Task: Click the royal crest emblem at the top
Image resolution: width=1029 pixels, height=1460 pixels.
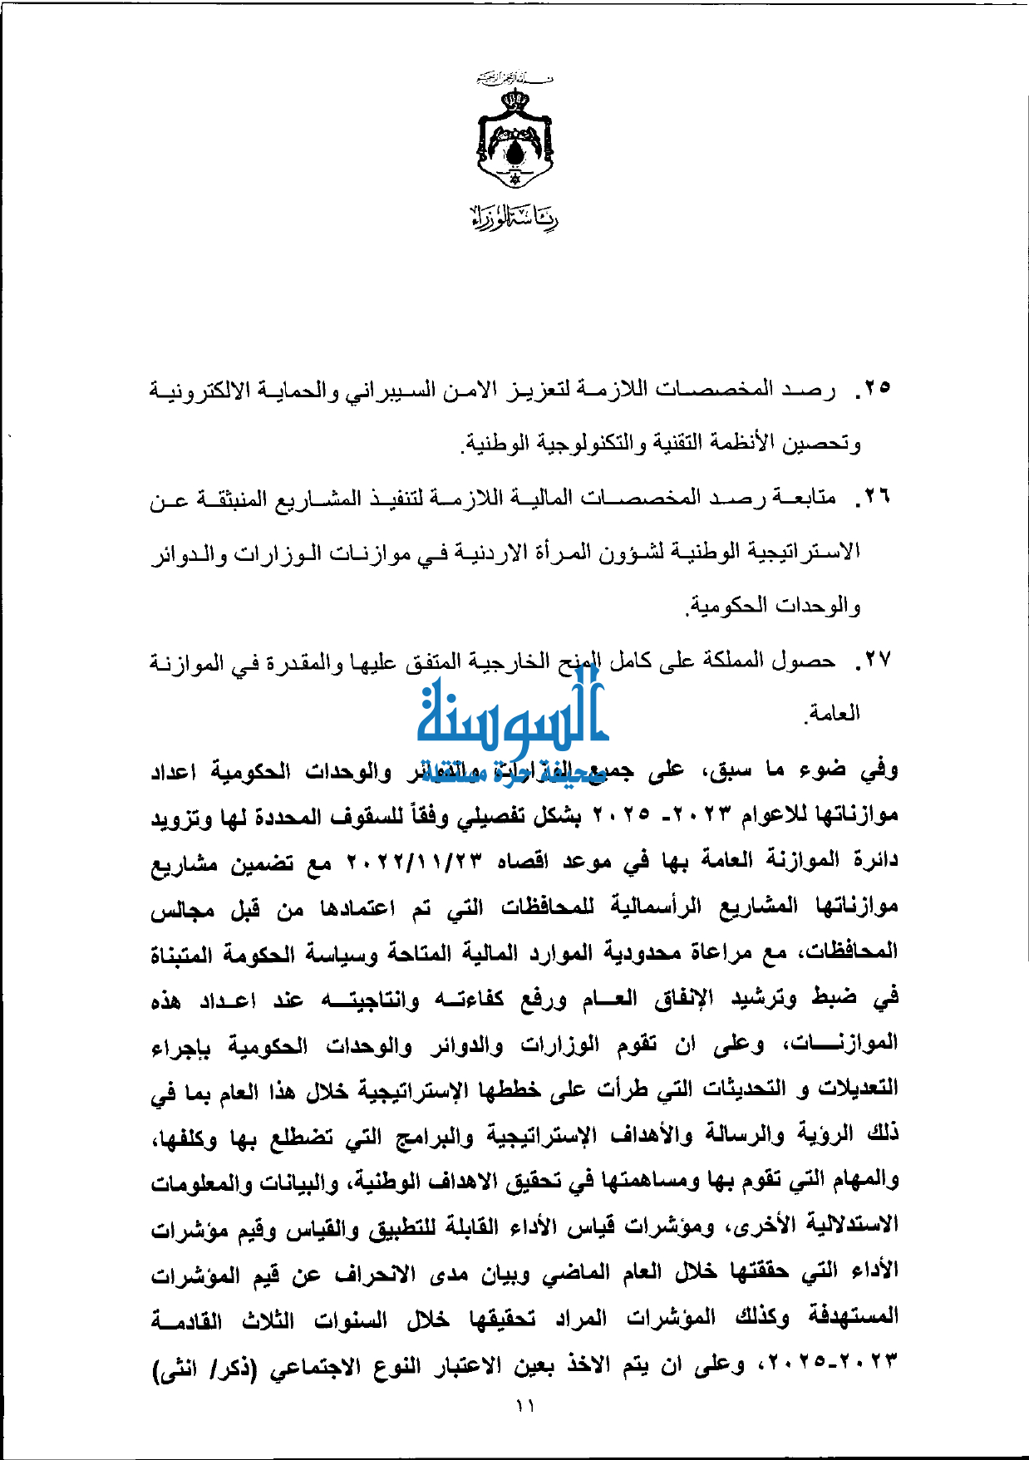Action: [515, 138]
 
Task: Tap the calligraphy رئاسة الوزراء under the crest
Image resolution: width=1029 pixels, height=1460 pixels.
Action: [515, 217]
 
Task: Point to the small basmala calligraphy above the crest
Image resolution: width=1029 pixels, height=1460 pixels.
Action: [515, 79]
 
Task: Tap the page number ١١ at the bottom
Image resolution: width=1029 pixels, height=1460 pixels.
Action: [524, 1406]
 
